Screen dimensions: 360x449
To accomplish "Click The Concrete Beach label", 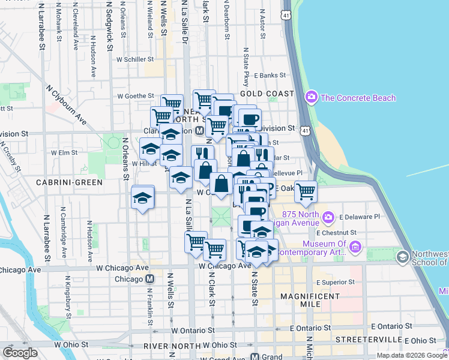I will click(x=358, y=98).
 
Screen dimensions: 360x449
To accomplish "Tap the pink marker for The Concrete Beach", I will click(x=311, y=97).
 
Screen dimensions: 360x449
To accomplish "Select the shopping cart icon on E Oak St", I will click(x=306, y=192).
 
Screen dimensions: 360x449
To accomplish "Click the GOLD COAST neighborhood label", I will click(x=267, y=94).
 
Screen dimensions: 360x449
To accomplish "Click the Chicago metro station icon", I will click(x=150, y=279).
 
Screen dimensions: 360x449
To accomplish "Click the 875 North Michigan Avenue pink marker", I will click(x=328, y=217).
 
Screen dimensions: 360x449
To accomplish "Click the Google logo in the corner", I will click(x=20, y=353).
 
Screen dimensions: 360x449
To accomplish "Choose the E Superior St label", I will click(x=331, y=281).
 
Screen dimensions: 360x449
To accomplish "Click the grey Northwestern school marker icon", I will click(x=402, y=257).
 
